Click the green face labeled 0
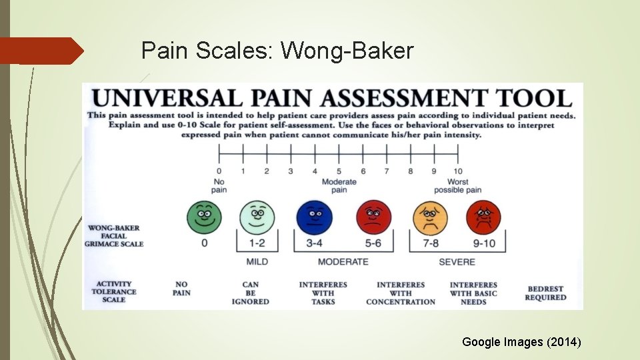pos(205,215)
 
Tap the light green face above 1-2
pos(257,215)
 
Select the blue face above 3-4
pos(314,215)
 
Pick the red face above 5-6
pos(374,215)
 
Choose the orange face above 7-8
pos(431,216)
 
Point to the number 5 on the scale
pos(339,171)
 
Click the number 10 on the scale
pos(458,171)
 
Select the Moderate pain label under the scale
pos(339,186)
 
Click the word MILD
pos(257,262)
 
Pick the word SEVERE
pos(457,262)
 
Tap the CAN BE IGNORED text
pos(251,293)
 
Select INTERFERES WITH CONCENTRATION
pos(401,293)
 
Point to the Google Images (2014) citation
pos(521,342)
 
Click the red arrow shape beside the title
pos(41,51)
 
